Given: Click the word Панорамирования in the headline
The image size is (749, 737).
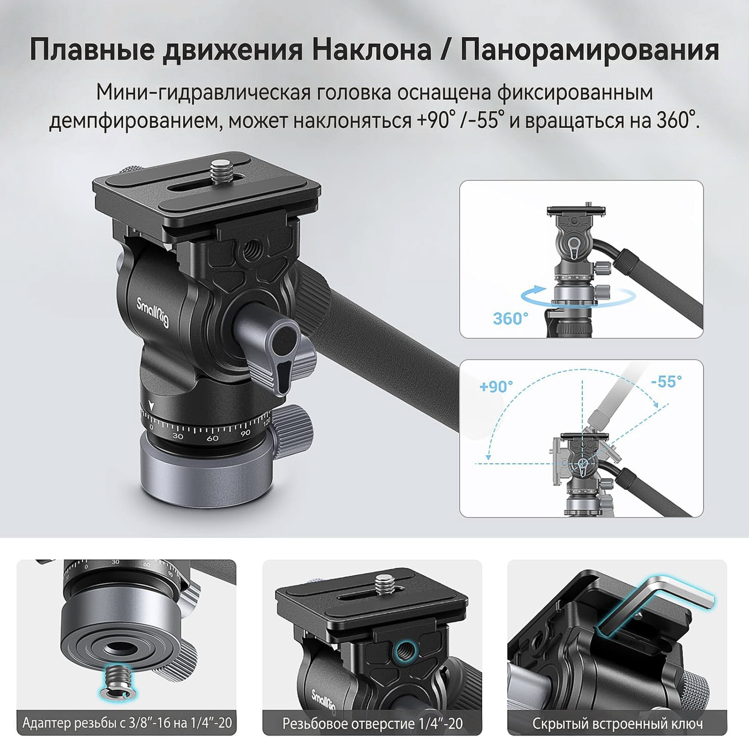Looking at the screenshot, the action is pyautogui.click(x=590, y=50).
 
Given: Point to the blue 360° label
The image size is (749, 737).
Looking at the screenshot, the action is pyautogui.click(x=510, y=318).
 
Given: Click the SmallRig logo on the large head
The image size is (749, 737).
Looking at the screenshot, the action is pyautogui.click(x=153, y=312).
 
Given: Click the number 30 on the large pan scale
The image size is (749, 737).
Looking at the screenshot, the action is pyautogui.click(x=178, y=436).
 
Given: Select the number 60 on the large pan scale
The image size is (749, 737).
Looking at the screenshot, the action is pyautogui.click(x=212, y=438).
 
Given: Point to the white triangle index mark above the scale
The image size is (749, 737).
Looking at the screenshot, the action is pyautogui.click(x=152, y=406).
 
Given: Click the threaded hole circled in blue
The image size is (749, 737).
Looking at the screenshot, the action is pyautogui.click(x=404, y=649).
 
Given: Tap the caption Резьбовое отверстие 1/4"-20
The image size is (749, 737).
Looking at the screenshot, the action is pyautogui.click(x=373, y=723).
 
